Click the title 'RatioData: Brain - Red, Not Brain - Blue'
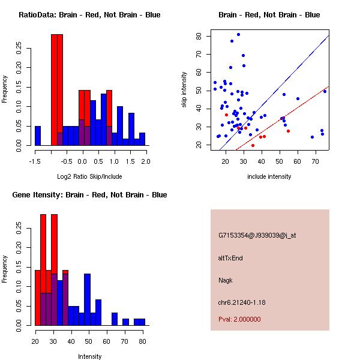89,15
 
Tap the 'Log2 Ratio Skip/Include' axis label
89,176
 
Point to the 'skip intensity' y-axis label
185,90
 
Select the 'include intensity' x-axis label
269,176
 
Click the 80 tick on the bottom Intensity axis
142,341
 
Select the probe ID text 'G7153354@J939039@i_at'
257,235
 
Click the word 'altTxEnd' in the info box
230,258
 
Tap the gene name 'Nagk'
225,280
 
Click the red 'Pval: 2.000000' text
239,319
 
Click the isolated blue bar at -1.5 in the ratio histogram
38,136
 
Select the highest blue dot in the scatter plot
238,35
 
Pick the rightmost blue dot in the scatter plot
325,91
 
